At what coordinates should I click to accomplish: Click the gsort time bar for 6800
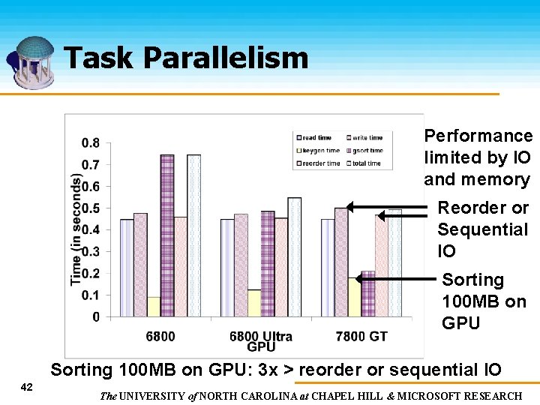(166, 236)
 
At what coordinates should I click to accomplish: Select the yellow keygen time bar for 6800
(153, 307)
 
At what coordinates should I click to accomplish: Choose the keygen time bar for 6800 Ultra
(254, 303)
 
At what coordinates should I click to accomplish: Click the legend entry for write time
(365, 138)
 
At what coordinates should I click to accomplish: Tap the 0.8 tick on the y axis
(91, 142)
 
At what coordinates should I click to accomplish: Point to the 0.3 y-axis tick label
(91, 252)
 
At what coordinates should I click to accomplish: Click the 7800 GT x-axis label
(361, 336)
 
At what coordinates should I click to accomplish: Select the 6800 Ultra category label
(260, 336)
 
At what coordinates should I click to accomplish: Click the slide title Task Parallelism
(186, 58)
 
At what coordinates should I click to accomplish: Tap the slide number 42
(26, 387)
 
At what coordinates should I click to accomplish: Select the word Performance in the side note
(478, 136)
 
